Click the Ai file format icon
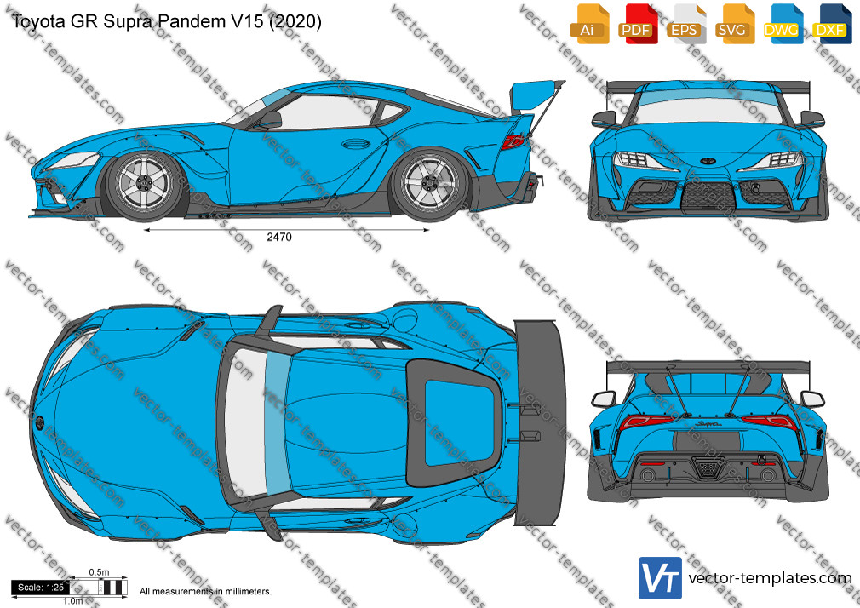[x=589, y=24]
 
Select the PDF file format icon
[x=638, y=24]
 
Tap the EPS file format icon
[x=686, y=24]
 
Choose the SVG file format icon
[x=734, y=24]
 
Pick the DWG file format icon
[x=783, y=24]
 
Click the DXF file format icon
[x=832, y=24]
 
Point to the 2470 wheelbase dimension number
[x=279, y=237]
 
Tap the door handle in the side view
[x=355, y=144]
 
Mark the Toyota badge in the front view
[x=708, y=161]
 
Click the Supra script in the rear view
[x=708, y=423]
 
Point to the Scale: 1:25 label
[x=41, y=588]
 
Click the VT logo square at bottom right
[x=660, y=578]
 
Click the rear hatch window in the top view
[x=460, y=422]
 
